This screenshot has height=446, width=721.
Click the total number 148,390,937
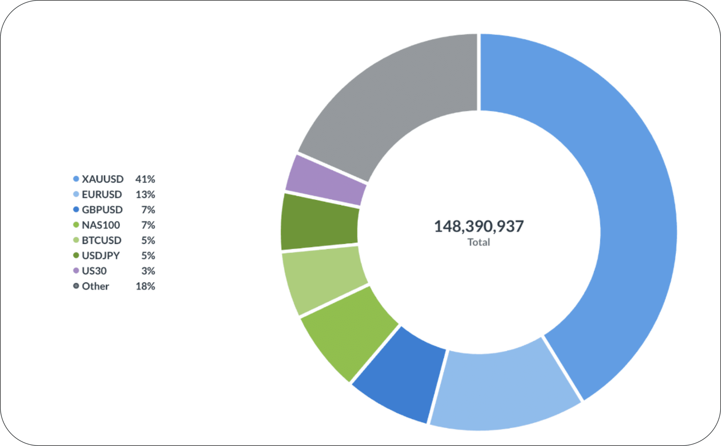pyautogui.click(x=479, y=226)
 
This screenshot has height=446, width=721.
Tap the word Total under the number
pyautogui.click(x=479, y=242)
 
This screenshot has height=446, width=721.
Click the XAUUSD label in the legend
pyautogui.click(x=103, y=179)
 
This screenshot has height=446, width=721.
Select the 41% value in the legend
pyautogui.click(x=145, y=179)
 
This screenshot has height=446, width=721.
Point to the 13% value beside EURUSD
pyautogui.click(x=145, y=194)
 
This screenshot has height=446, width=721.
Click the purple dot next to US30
pyautogui.click(x=76, y=270)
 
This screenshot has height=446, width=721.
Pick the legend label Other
pyautogui.click(x=95, y=286)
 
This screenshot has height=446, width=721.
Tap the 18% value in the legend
pyautogui.click(x=145, y=286)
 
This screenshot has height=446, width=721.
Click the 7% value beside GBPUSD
pyautogui.click(x=148, y=210)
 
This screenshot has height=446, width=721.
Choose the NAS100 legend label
pyautogui.click(x=101, y=225)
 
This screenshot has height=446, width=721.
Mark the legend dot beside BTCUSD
pyautogui.click(x=76, y=240)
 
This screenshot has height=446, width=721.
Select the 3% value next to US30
pyautogui.click(x=148, y=271)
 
